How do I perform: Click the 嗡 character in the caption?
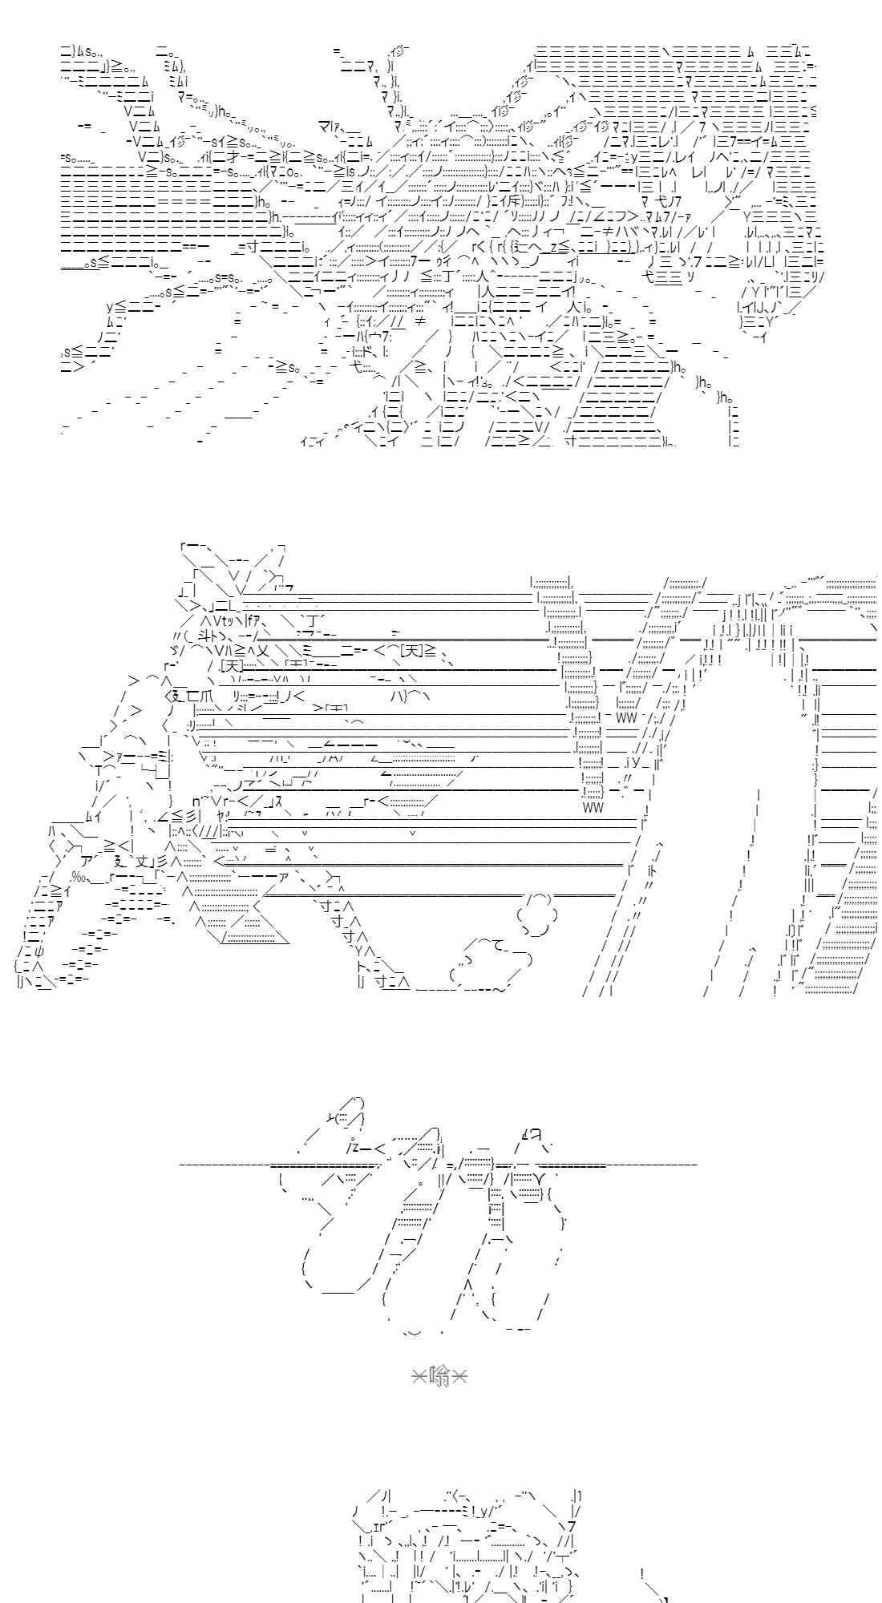click(439, 1377)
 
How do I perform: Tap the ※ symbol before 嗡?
click(419, 1377)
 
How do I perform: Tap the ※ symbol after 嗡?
click(459, 1377)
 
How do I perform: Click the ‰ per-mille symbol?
click(79, 875)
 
